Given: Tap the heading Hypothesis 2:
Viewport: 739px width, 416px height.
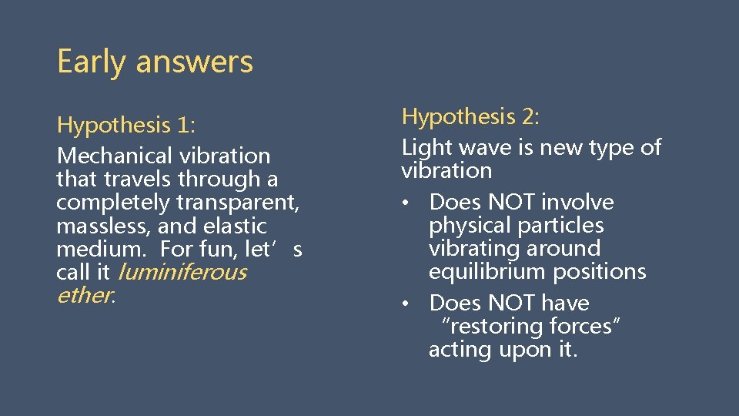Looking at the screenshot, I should tap(470, 116).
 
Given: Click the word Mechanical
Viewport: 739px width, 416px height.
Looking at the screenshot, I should tap(115, 156).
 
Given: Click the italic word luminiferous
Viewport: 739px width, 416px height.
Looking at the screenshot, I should tap(181, 272).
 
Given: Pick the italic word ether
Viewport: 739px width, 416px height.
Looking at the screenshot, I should tap(84, 295).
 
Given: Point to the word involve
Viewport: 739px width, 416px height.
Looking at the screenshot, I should tap(578, 202).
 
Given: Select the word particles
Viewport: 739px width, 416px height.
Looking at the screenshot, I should tap(562, 225).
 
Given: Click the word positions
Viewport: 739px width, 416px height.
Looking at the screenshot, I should tap(601, 272).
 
